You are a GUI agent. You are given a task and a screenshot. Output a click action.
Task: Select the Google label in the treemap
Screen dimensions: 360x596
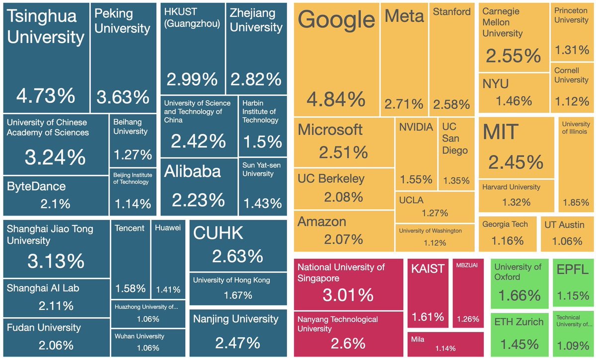coord(337,20)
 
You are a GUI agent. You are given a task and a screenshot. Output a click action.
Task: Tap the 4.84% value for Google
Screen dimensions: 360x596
coord(336,100)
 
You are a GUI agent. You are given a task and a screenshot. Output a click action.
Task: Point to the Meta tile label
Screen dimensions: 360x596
coord(404,16)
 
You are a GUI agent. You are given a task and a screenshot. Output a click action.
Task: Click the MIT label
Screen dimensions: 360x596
coord(501,133)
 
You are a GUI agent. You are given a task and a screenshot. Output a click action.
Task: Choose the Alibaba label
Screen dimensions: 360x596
coord(192,171)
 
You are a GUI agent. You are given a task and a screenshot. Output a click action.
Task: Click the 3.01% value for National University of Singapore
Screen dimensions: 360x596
coord(348,295)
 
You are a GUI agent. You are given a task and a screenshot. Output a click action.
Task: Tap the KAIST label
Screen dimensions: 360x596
coord(427,269)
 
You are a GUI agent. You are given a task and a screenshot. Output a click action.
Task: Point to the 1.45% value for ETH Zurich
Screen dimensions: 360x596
coord(519,344)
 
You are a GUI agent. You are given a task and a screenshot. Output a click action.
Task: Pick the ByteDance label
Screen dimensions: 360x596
coord(36,187)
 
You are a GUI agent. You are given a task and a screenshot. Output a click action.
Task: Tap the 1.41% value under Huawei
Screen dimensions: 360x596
coord(168,289)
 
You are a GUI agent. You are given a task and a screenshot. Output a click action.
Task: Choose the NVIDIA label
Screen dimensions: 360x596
coord(416,127)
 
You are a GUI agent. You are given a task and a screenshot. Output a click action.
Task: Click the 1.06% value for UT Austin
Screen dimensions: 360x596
coord(563,241)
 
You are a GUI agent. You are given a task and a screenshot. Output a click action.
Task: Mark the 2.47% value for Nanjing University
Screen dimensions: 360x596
coord(237,343)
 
